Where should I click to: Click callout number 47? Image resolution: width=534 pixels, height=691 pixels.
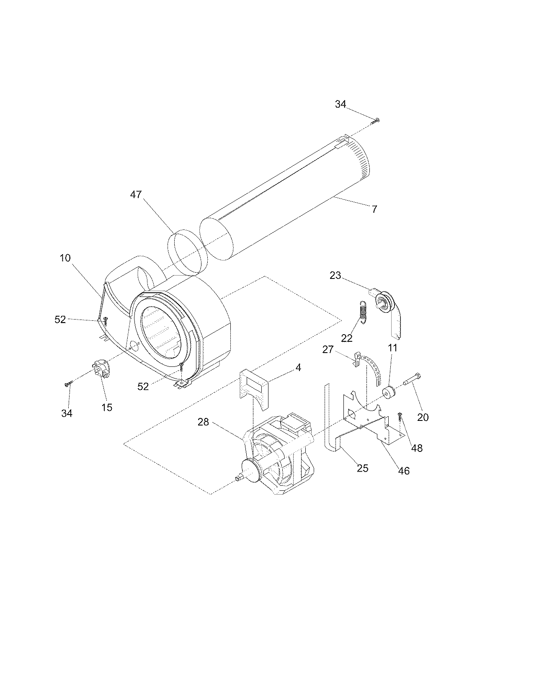click(x=136, y=195)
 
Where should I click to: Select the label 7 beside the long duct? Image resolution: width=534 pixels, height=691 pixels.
click(x=374, y=209)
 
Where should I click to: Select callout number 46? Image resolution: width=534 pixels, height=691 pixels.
click(x=403, y=470)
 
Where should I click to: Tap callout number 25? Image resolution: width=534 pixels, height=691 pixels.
click(x=362, y=468)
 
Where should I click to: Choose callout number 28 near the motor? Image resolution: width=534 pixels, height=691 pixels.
click(x=203, y=422)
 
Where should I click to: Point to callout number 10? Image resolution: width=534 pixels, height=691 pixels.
click(x=66, y=258)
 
